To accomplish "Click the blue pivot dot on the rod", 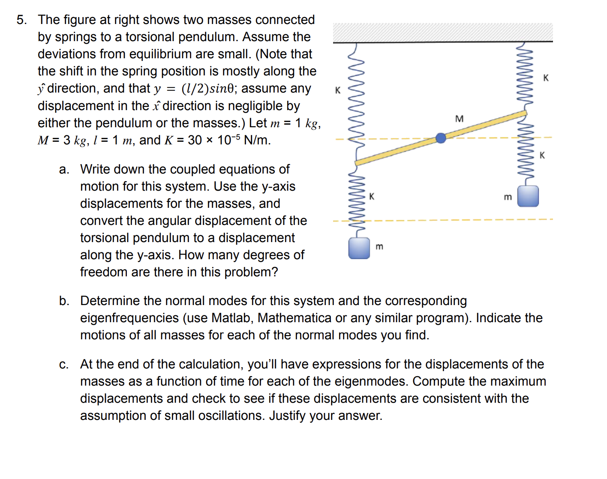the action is tap(441, 138).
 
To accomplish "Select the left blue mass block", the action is tap(359, 248).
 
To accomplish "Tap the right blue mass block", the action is tap(528, 196).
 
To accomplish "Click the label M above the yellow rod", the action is tap(459, 119).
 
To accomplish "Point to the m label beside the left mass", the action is tap(379, 247).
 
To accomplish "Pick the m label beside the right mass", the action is tap(508, 197).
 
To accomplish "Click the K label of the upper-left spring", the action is tap(338, 90).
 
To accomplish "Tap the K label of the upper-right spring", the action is tap(546, 78).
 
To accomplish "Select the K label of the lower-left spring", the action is tap(372, 196).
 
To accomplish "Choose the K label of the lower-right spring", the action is tap(542, 155).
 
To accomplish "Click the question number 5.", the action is tap(21, 20).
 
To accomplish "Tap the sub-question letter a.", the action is tap(64, 170).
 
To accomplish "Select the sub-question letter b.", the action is tap(64, 301).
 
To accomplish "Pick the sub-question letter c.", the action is tap(64, 365).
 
